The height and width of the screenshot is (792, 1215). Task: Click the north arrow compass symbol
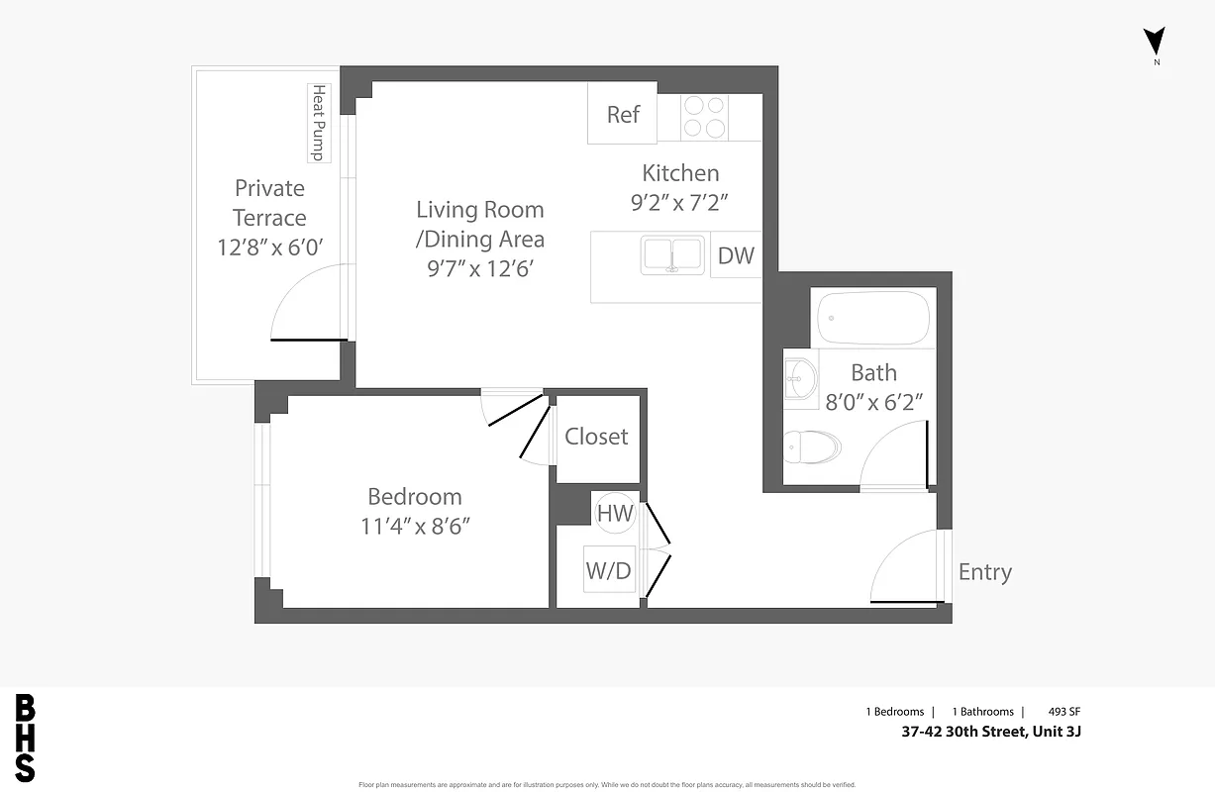click(1155, 43)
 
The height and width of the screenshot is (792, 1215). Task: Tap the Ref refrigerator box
click(623, 114)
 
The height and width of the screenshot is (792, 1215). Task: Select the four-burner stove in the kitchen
click(704, 116)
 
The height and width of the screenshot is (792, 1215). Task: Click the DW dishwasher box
click(736, 255)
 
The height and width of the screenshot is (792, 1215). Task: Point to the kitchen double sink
click(673, 254)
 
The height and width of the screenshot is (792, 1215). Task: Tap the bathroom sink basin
click(800, 377)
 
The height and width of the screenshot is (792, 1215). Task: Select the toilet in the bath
click(810, 447)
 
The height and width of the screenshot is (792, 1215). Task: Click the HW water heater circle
click(615, 513)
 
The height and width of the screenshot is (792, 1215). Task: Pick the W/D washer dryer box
click(608, 570)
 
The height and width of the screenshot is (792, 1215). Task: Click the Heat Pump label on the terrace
click(319, 123)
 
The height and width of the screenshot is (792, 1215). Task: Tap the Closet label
click(596, 437)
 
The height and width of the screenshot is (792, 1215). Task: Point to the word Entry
click(985, 572)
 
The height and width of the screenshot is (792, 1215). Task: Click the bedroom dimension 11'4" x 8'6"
click(415, 525)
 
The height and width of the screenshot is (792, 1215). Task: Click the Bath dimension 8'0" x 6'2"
click(873, 402)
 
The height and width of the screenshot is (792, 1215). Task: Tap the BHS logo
click(25, 739)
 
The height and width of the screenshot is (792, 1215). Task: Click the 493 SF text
click(1077, 712)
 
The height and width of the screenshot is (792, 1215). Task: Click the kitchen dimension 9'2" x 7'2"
click(681, 203)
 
